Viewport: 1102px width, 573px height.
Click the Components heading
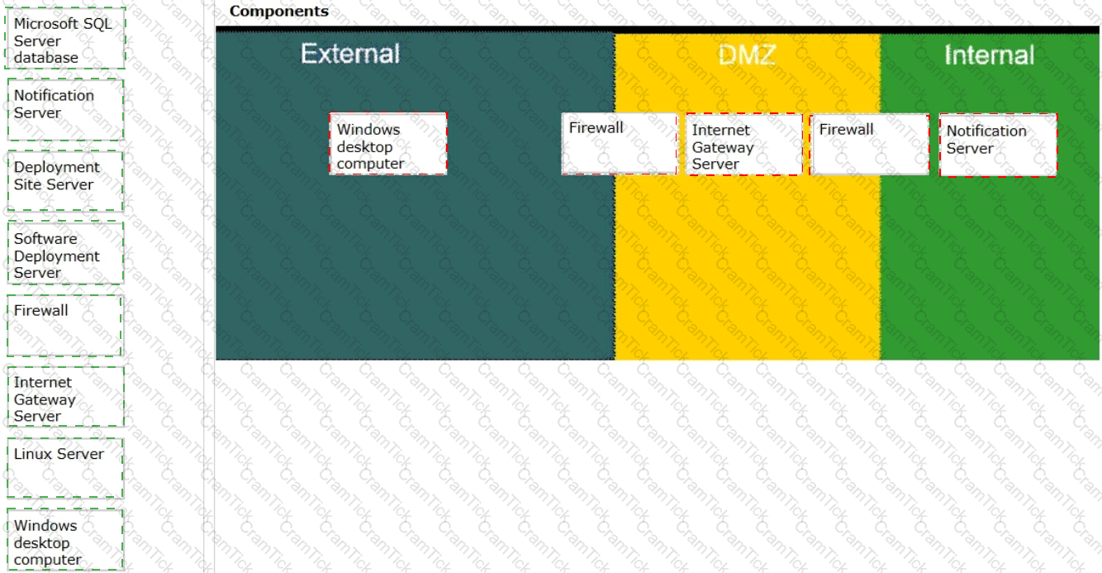coord(279,11)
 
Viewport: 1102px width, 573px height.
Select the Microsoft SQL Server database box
coord(65,38)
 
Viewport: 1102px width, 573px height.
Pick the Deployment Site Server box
coord(65,180)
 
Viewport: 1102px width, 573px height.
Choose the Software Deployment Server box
coord(65,252)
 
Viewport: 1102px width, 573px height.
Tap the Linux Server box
coord(65,468)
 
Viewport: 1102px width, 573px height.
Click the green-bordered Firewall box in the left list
coord(64,326)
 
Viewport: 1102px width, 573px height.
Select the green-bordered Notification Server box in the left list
coord(65,109)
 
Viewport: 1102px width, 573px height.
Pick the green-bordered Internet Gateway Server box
coord(65,397)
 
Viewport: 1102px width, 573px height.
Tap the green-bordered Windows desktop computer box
coord(64,540)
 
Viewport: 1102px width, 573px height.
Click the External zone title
coord(350,54)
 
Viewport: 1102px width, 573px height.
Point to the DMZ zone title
coord(747,55)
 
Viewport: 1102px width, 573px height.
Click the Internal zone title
coord(990,55)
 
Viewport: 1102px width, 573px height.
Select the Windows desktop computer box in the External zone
coord(388,144)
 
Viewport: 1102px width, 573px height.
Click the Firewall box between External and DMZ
coord(620,143)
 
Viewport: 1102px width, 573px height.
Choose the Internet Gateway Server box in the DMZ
coord(744,144)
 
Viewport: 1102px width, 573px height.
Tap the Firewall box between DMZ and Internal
coord(870,144)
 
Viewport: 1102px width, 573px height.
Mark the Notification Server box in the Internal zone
coord(998,146)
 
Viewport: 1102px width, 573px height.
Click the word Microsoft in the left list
coord(45,23)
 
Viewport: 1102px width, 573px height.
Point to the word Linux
coord(31,454)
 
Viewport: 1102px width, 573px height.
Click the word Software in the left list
coord(45,239)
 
